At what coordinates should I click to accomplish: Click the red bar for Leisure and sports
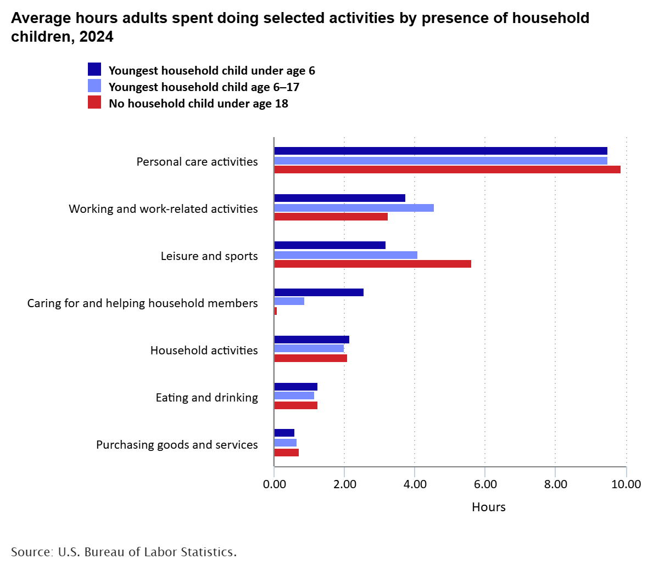[372, 264]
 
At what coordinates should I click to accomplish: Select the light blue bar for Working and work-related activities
[354, 207]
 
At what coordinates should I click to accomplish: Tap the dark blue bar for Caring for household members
[319, 292]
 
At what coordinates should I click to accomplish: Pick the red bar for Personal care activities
[447, 169]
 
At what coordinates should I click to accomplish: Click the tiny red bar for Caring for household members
[276, 311]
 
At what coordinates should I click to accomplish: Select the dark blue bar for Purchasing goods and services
[284, 433]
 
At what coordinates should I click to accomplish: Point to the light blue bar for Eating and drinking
[294, 395]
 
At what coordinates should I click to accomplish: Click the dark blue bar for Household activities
[311, 340]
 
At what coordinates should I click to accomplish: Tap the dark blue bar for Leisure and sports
[330, 245]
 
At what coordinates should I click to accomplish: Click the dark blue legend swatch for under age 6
[94, 70]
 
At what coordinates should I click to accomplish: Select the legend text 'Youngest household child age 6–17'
[204, 87]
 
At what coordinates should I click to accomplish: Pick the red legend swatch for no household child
[94, 103]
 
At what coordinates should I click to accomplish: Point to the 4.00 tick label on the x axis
[415, 484]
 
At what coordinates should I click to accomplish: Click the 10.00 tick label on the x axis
[626, 484]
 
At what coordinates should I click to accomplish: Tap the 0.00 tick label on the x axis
[274, 484]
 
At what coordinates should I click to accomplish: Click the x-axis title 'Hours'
[488, 507]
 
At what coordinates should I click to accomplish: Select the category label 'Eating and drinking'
[206, 398]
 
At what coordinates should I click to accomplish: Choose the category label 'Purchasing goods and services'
[177, 445]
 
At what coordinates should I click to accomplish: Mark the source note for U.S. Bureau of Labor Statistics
[124, 551]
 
